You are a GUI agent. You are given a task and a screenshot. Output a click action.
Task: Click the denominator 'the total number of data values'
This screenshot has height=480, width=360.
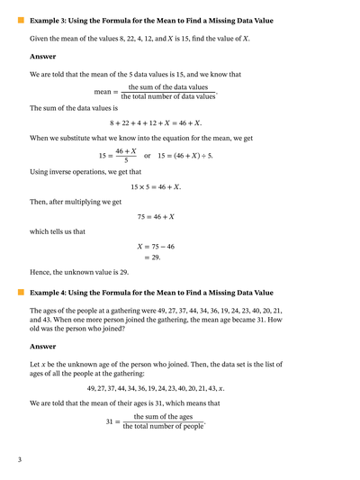click(x=168, y=96)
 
